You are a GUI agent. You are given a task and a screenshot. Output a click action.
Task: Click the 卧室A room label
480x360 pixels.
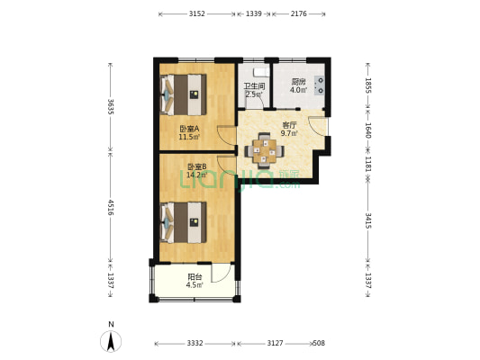[189, 129]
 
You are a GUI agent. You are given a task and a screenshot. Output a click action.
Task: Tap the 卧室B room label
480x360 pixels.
[197, 166]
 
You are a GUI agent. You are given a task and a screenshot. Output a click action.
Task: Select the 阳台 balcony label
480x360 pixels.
[195, 277]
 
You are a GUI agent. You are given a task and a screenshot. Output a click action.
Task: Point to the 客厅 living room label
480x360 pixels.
[289, 125]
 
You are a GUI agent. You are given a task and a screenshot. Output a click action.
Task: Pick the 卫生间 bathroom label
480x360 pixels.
[254, 86]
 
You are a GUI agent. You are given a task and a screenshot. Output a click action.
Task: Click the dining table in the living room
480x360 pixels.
[264, 150]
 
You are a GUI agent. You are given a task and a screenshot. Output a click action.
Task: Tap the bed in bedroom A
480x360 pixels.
[183, 94]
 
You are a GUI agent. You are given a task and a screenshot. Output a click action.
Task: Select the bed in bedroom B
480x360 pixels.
[183, 222]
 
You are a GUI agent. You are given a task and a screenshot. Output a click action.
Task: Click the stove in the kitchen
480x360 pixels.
[320, 85]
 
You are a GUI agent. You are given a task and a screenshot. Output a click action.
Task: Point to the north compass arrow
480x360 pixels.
[111, 341]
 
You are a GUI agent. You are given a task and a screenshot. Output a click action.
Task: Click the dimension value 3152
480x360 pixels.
[197, 13]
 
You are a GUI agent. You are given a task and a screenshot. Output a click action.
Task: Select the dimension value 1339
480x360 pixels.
[254, 13]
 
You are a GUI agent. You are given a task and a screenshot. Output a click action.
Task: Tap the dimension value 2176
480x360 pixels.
[298, 13]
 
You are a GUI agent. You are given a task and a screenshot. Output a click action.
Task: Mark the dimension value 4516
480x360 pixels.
[111, 208]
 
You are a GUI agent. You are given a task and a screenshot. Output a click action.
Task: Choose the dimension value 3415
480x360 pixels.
[368, 221]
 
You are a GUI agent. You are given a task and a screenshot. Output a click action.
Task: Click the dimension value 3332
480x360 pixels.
[195, 343]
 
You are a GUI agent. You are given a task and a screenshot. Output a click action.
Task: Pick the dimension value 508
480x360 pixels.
[319, 343]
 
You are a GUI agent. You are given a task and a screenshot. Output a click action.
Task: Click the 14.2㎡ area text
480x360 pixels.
[197, 175]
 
